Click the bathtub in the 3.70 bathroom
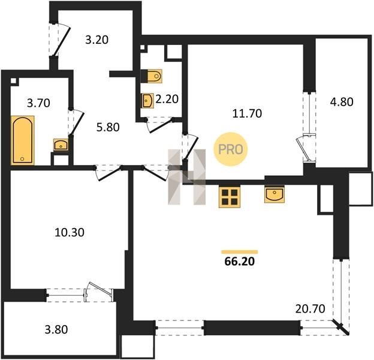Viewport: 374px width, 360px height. click(x=23, y=140)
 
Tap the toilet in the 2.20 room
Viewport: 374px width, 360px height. click(x=152, y=76)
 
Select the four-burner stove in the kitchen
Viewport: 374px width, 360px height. click(x=230, y=197)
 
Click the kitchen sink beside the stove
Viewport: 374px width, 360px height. click(x=275, y=194)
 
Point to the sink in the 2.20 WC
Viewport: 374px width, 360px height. click(x=147, y=101)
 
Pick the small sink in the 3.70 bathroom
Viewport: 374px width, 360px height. click(x=61, y=145)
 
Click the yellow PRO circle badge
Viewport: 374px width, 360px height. click(x=230, y=149)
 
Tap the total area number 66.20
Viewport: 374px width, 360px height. click(x=240, y=262)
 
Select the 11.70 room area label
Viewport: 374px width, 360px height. click(x=247, y=113)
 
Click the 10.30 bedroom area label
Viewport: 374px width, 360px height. click(x=70, y=232)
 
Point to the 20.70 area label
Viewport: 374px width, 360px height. click(x=310, y=309)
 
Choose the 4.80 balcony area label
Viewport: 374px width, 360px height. click(x=342, y=102)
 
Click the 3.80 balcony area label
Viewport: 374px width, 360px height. click(x=56, y=329)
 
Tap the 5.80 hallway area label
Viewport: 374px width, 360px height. click(x=108, y=127)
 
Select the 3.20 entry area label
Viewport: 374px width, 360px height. click(x=97, y=40)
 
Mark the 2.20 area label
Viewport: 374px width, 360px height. click(x=167, y=99)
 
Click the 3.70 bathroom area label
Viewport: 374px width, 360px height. click(x=38, y=103)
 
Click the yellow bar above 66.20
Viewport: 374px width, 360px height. click(x=240, y=251)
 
